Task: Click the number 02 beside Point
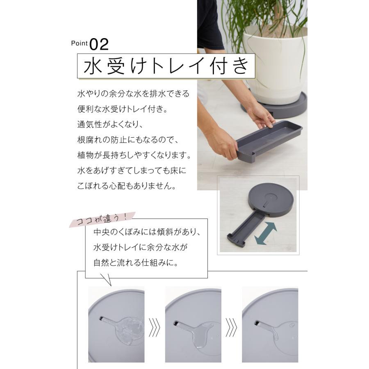click(x=99, y=44)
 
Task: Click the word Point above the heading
click(x=79, y=43)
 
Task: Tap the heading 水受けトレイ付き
click(x=166, y=66)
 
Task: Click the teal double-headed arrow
click(x=266, y=233)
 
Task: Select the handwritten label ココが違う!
click(x=102, y=219)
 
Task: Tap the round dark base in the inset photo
click(x=271, y=200)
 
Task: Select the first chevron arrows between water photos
click(x=155, y=327)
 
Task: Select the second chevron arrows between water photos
click(x=231, y=327)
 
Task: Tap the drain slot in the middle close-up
click(x=176, y=323)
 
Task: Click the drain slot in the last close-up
click(x=258, y=323)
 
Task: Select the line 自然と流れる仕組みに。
click(x=136, y=263)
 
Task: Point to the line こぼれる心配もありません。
click(x=127, y=186)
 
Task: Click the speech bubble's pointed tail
click(x=106, y=280)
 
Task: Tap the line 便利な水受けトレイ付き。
click(x=123, y=109)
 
